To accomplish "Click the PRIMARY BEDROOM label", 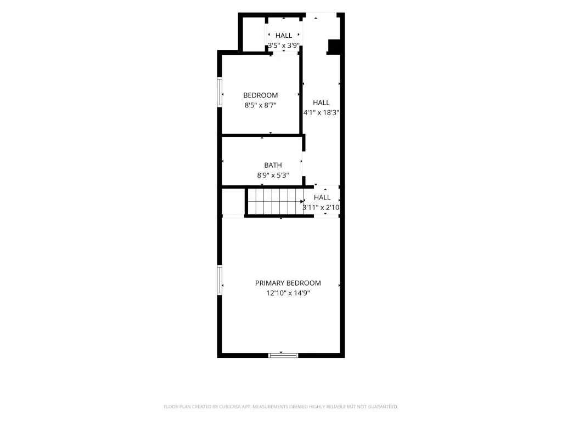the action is (288, 283).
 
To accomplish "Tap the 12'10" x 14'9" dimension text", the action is (288, 293).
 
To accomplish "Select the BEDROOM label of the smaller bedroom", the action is (261, 95).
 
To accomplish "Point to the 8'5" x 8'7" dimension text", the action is (261, 105).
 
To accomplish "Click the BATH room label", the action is (273, 165).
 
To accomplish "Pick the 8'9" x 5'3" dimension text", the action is (273, 175).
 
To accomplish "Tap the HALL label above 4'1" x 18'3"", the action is (321, 103).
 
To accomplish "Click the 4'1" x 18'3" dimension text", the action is (321, 112).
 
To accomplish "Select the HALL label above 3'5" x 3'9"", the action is (284, 36).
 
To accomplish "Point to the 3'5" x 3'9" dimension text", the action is (284, 45).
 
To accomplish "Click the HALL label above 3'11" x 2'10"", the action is (322, 197).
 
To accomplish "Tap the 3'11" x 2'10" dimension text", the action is (321, 207).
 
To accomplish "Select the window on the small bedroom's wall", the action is (220, 92).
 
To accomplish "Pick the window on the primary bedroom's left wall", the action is (220, 280).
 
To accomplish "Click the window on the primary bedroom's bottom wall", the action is (283, 355).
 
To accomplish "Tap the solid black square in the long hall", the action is (334, 46).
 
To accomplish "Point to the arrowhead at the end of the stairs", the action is (302, 202).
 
